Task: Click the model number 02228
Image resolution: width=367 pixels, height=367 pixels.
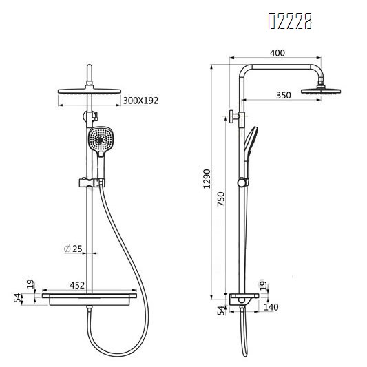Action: [289, 23]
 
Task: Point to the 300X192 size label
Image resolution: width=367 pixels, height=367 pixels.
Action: [140, 101]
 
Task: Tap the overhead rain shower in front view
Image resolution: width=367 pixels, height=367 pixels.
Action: [90, 91]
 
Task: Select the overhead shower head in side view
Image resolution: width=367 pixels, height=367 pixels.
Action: [318, 89]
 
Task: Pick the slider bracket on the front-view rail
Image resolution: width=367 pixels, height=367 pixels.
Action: [90, 183]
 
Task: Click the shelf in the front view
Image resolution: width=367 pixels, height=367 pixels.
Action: [90, 299]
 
